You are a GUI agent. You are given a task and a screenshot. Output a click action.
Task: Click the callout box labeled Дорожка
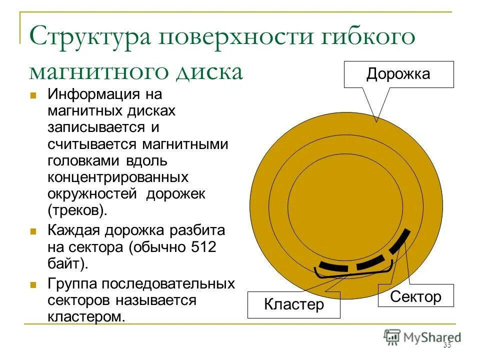coord(398,74)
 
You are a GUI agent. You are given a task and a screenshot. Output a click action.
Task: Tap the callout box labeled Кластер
coord(293,304)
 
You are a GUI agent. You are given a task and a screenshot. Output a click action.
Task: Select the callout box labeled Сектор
coord(415,296)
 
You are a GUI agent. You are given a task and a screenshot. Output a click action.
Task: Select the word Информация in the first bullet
coord(93,93)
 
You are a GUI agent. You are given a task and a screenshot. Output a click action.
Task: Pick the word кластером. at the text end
coord(86,316)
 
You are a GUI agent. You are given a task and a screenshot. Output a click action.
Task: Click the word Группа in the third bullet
coord(73,283)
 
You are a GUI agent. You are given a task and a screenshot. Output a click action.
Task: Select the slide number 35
coord(446,345)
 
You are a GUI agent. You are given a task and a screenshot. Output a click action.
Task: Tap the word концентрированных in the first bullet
coord(118,177)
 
